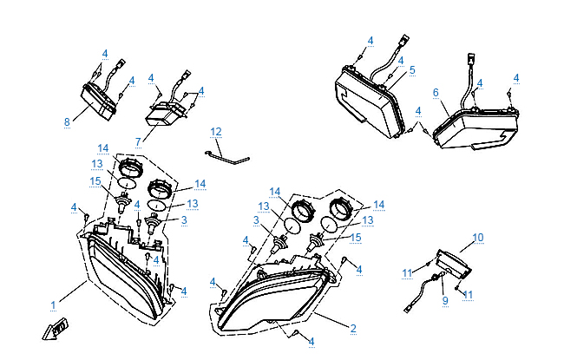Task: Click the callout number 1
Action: tap(53, 305)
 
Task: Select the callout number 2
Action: tap(353, 328)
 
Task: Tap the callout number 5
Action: tap(412, 69)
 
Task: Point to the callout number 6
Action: tap(436, 93)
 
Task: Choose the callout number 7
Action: tap(139, 141)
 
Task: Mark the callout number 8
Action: tap(67, 121)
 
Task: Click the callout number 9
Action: tap(445, 300)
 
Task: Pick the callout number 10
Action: tap(478, 238)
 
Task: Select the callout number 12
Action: tap(216, 132)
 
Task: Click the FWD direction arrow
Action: tap(56, 329)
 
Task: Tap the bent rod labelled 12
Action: tap(227, 158)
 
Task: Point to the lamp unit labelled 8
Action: tap(97, 103)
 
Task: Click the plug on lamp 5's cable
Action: tap(404, 39)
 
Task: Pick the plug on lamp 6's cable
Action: tap(471, 59)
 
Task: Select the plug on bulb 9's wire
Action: tap(408, 309)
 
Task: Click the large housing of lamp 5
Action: tap(367, 101)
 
